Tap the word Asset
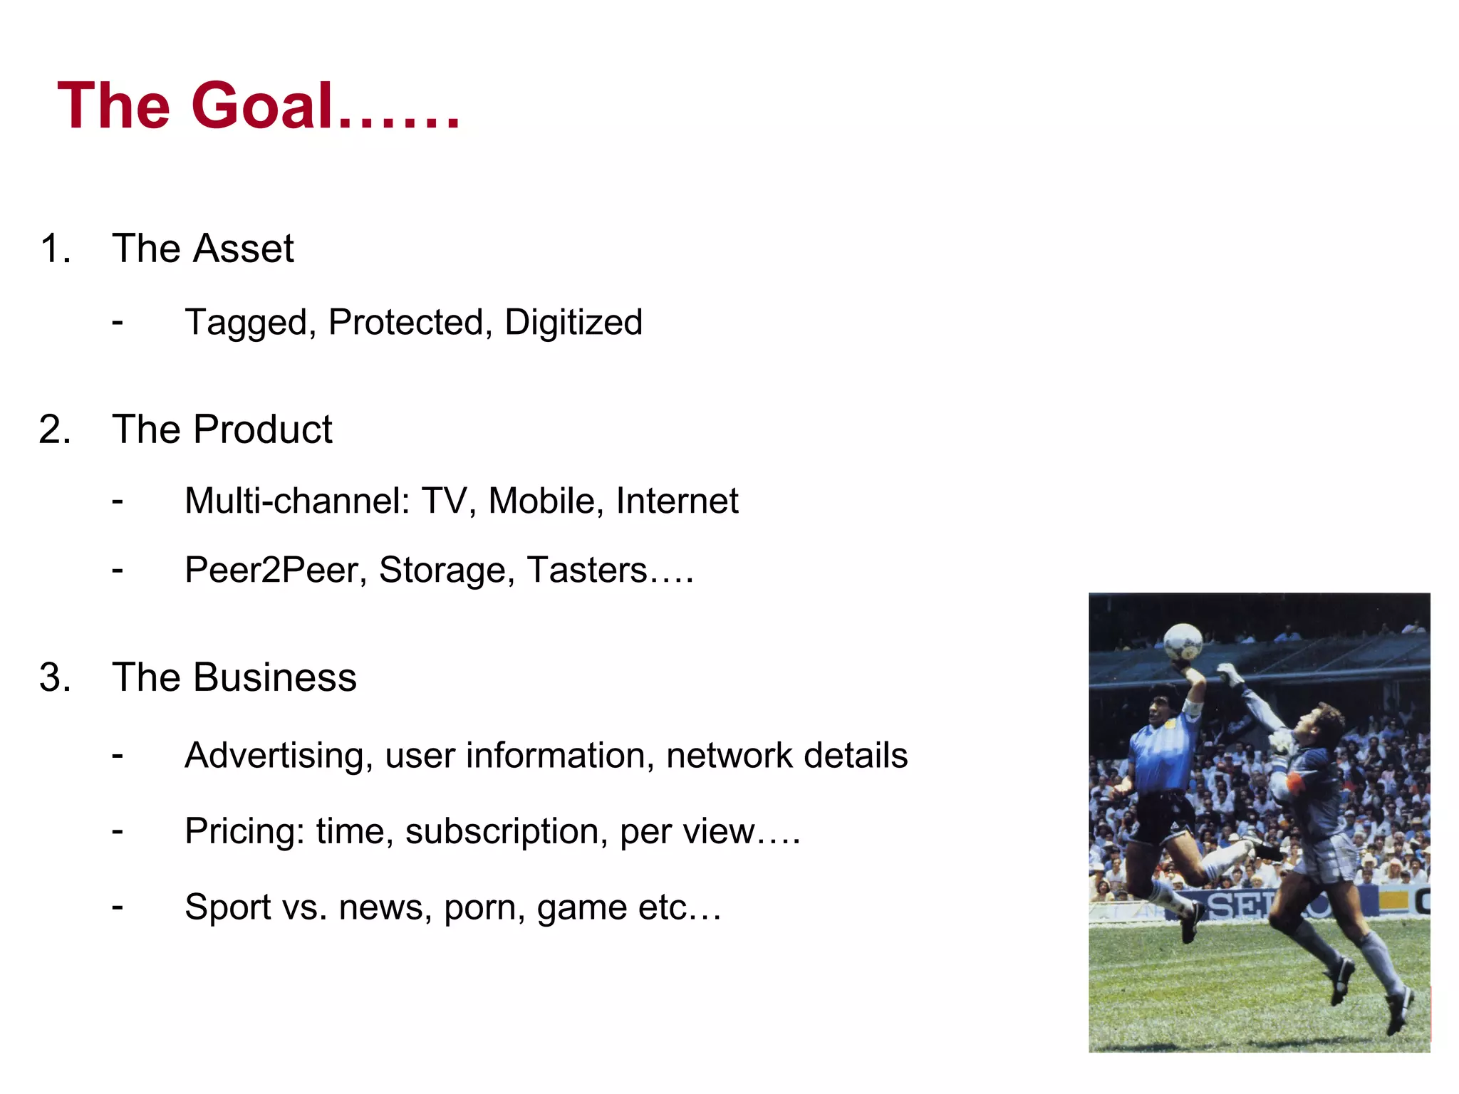pyautogui.click(x=243, y=249)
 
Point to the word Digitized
pyautogui.click(x=573, y=323)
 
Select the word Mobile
pyautogui.click(x=541, y=501)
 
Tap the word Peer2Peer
pyautogui.click(x=275, y=571)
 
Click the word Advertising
pyautogui.click(x=279, y=756)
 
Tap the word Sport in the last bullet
pyautogui.click(x=228, y=907)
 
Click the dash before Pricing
pyautogui.click(x=118, y=830)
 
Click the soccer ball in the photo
pyautogui.click(x=1183, y=641)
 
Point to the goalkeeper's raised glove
pyautogui.click(x=1227, y=672)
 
